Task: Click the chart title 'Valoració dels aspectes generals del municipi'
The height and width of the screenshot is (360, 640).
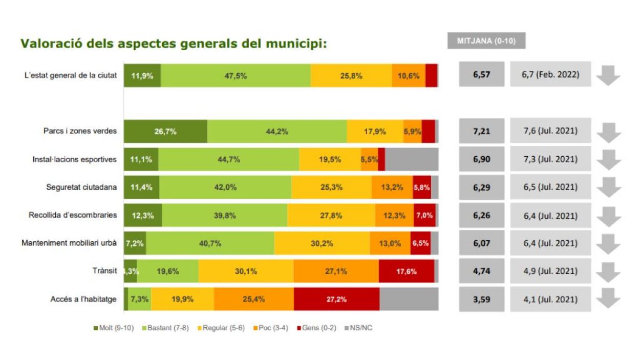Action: click(x=174, y=44)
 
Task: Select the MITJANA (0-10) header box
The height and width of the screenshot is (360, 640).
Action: click(x=486, y=41)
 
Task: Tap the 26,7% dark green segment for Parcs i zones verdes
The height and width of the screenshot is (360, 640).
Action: click(x=165, y=131)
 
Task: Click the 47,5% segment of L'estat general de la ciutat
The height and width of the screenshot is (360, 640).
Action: click(x=236, y=75)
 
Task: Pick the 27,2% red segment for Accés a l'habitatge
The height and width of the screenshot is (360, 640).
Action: click(x=336, y=299)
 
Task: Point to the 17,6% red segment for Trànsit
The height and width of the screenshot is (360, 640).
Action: click(x=407, y=271)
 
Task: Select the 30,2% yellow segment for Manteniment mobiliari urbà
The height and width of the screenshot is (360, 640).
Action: click(x=322, y=243)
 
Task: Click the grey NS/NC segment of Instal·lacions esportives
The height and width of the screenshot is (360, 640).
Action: click(x=411, y=159)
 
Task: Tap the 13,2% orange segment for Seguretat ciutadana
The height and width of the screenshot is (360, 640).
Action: click(x=392, y=187)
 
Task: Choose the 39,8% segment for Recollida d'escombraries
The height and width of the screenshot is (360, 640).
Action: click(x=225, y=215)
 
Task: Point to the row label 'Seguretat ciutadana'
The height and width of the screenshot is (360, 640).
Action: click(x=81, y=187)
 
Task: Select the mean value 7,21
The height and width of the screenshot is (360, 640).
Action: click(x=481, y=131)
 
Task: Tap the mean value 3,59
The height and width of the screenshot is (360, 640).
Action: click(x=481, y=299)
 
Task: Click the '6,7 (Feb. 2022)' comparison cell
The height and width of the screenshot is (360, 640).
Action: click(x=550, y=75)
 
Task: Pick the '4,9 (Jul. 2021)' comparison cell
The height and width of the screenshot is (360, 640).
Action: click(x=550, y=271)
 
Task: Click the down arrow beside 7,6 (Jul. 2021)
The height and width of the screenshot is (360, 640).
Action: click(x=609, y=132)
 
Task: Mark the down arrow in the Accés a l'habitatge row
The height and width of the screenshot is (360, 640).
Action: click(x=609, y=300)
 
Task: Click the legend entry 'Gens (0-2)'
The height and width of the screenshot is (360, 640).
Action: click(x=316, y=328)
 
